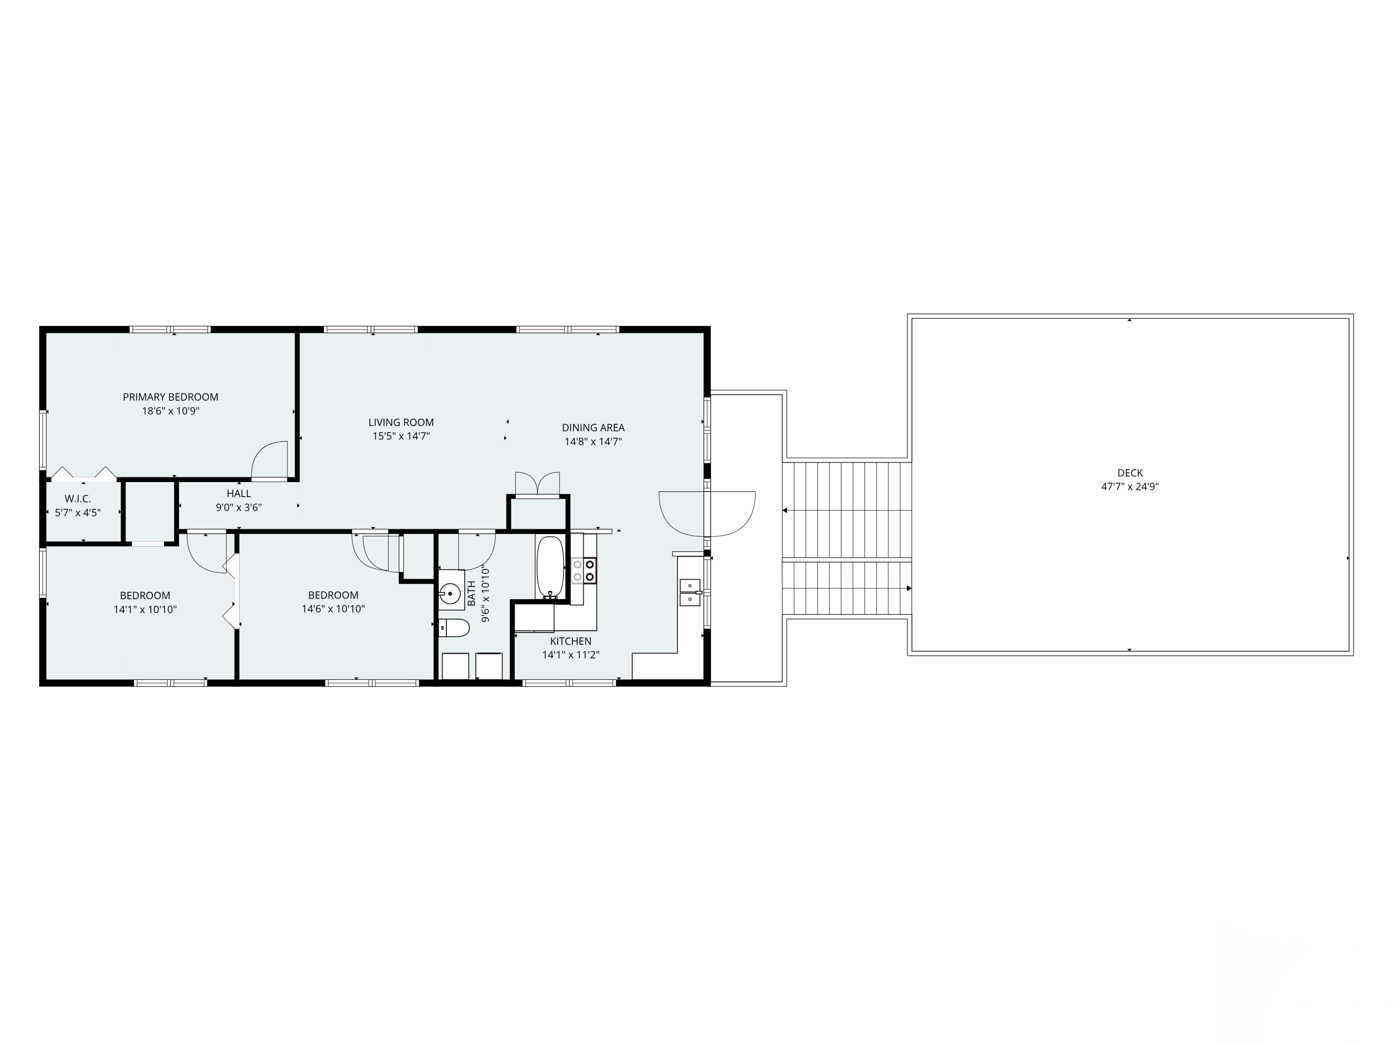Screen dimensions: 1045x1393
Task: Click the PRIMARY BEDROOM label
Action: (171, 397)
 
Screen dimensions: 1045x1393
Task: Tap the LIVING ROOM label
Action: (401, 423)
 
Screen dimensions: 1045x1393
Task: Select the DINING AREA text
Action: (593, 428)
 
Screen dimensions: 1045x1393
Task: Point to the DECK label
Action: (1130, 473)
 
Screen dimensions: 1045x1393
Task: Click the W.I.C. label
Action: (78, 499)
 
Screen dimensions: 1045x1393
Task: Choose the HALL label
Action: (239, 494)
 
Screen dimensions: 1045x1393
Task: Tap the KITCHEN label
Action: (571, 641)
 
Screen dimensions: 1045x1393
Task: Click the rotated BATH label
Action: (472, 594)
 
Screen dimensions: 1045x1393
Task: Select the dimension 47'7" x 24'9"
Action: (1130, 487)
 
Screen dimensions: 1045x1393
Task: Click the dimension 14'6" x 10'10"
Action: (333, 609)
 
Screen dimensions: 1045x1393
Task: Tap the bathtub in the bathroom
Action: (550, 567)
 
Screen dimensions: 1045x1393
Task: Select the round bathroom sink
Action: (450, 594)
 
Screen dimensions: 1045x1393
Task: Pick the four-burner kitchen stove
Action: (584, 570)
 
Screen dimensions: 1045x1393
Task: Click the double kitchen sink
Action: (690, 592)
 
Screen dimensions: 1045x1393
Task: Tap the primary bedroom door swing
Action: (269, 460)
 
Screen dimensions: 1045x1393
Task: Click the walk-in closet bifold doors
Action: (84, 473)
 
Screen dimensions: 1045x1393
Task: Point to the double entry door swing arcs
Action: (707, 513)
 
